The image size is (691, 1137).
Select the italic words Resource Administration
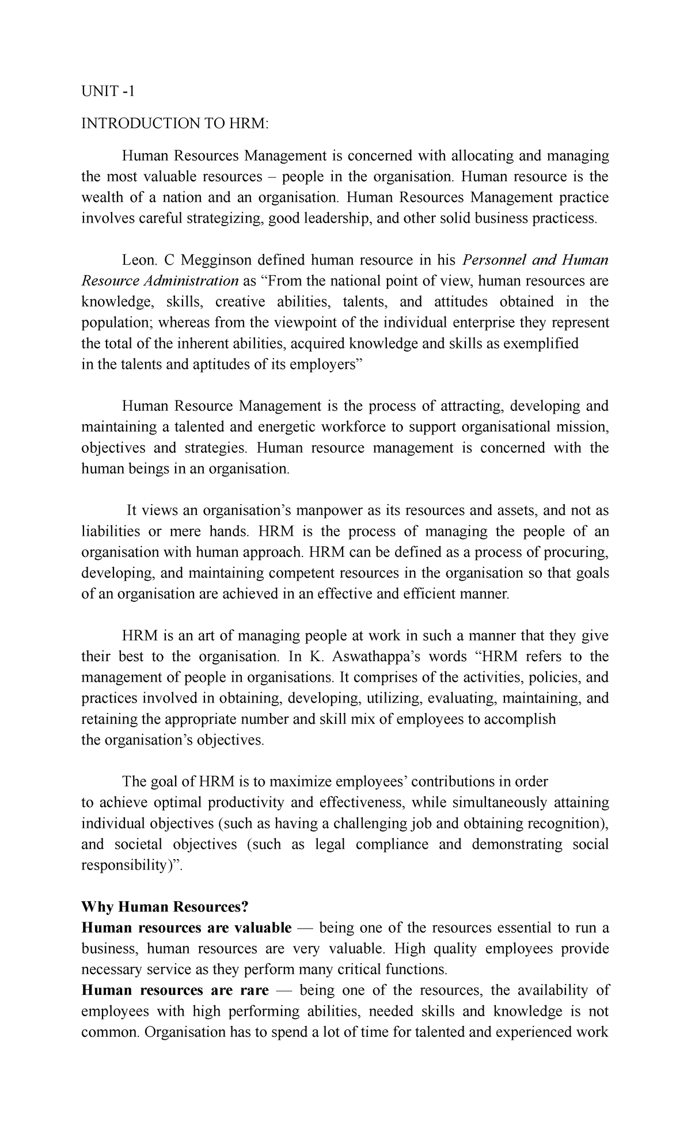(160, 281)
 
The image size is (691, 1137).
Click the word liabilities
(111, 531)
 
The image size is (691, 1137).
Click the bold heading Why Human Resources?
(165, 907)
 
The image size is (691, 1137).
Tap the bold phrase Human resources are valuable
(187, 928)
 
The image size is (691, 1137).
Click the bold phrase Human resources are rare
(175, 991)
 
